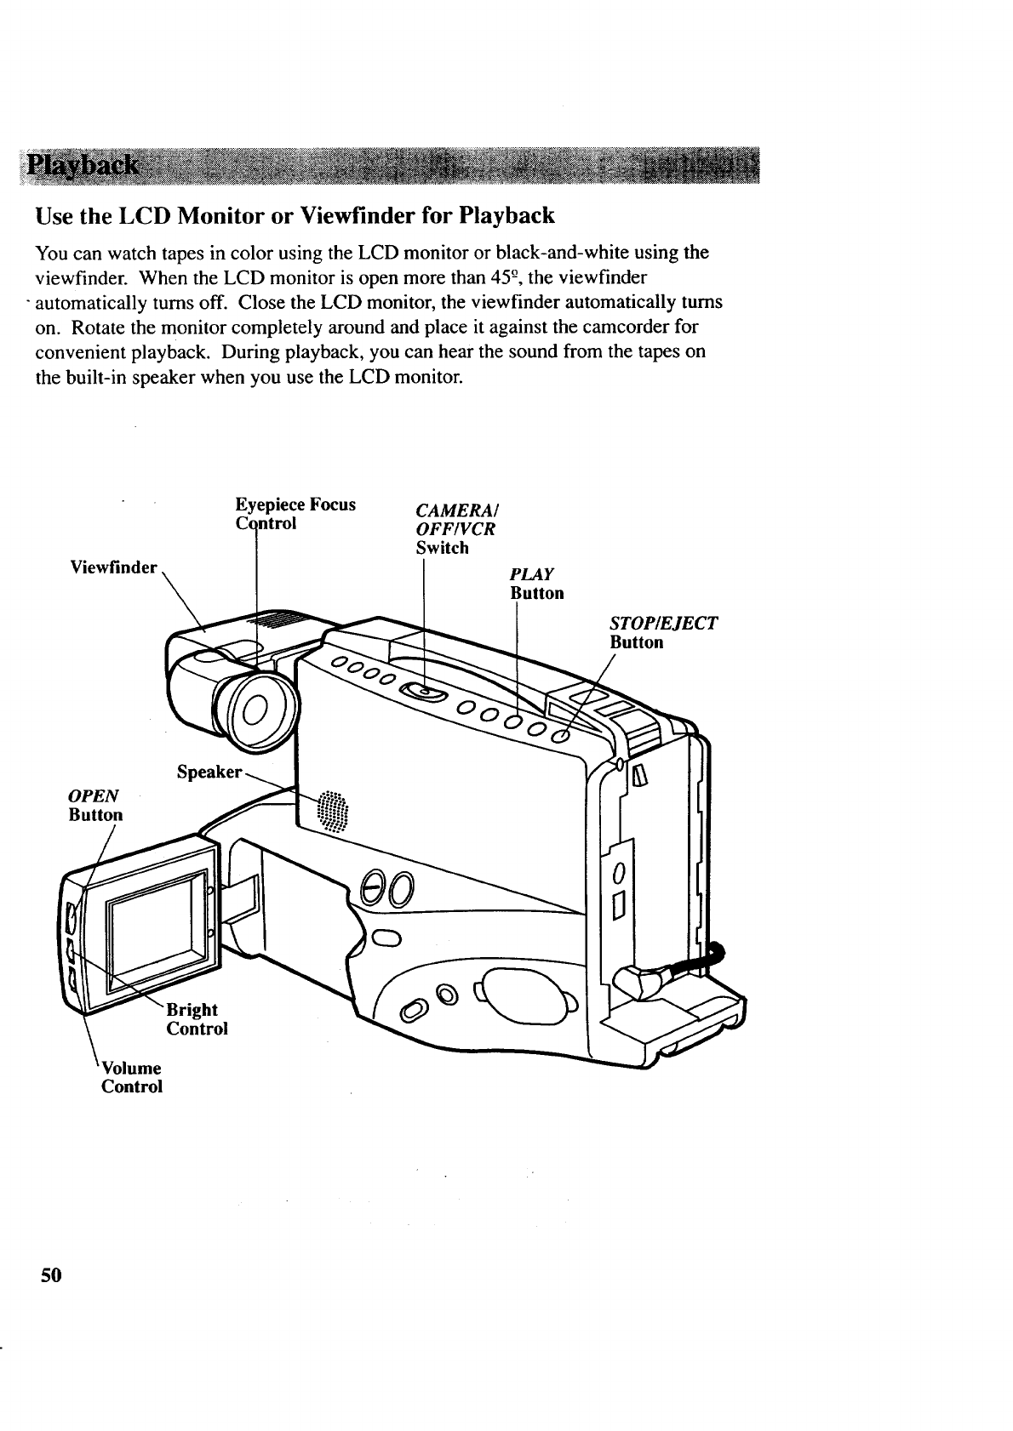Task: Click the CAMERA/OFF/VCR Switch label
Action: pos(455,528)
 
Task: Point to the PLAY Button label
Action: pos(536,584)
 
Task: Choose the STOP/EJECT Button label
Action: pos(663,633)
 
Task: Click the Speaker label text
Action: pos(209,772)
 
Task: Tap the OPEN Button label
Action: pos(94,805)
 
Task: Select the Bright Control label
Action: pos(197,1019)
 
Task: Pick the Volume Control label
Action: pos(131,1077)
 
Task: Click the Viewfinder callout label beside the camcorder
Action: pos(114,567)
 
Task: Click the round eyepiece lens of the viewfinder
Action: pos(256,708)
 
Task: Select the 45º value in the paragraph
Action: pos(506,277)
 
